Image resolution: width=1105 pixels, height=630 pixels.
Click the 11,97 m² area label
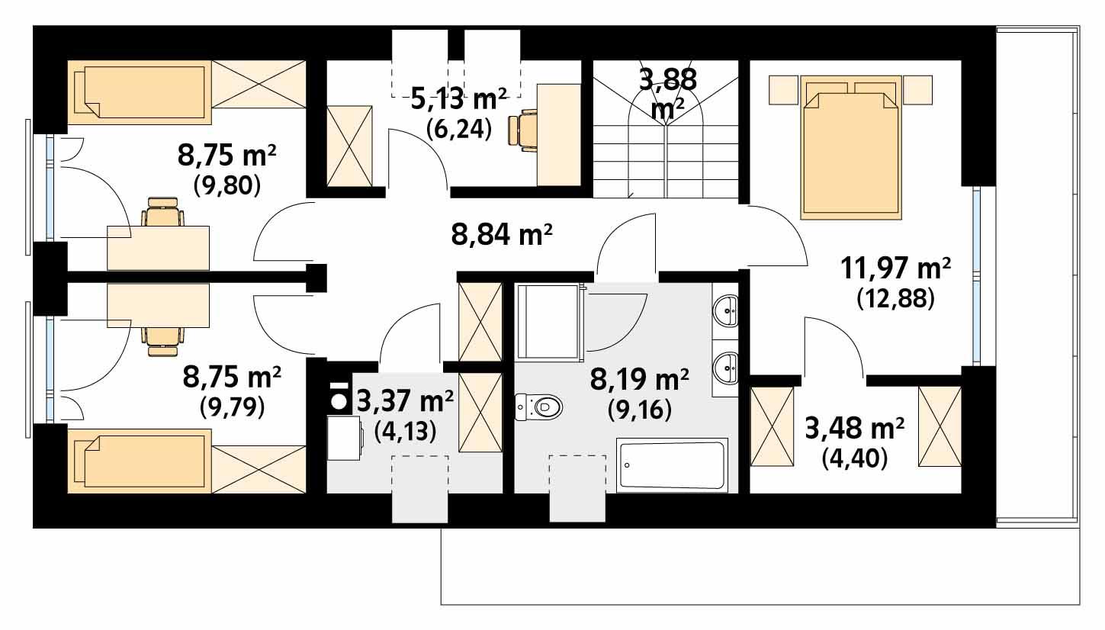coord(896,268)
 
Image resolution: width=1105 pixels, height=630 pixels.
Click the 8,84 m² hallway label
coord(501,235)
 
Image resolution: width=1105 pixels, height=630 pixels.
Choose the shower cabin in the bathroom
coord(548,321)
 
